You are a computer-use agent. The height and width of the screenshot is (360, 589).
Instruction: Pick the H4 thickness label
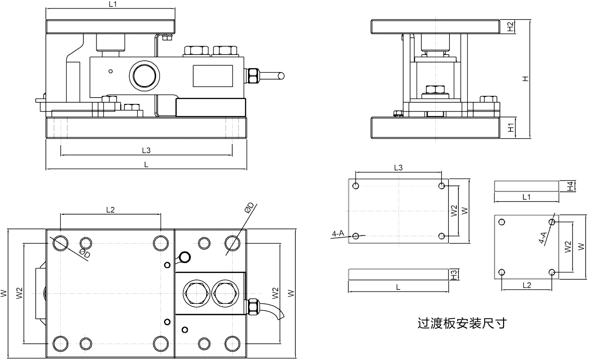pos(572,186)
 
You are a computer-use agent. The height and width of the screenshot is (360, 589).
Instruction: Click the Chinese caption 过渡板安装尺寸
pos(462,324)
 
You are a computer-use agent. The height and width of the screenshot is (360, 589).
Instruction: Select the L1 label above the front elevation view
pos(112,4)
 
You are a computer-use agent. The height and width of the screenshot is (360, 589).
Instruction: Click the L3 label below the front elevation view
pos(146,150)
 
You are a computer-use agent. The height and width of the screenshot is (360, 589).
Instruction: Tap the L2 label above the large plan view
pos(110,210)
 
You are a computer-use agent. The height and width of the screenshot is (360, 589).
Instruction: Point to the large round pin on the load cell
pos(144,76)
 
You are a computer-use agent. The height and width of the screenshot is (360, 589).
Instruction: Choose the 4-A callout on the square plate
pos(543,237)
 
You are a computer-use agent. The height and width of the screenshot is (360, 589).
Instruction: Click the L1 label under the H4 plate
pos(527,197)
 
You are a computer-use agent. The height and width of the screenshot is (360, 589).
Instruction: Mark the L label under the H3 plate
pos(398,287)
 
